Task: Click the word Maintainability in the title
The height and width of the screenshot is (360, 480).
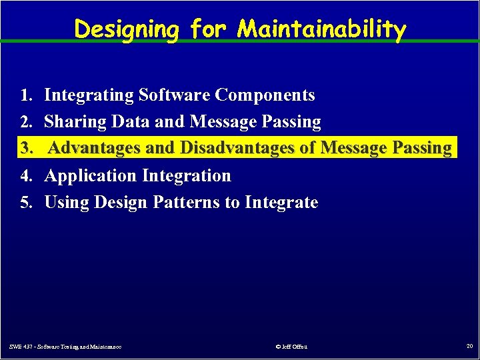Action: click(321, 29)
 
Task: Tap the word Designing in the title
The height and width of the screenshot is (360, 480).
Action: click(127, 29)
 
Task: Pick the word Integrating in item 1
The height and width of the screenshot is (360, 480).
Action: click(89, 95)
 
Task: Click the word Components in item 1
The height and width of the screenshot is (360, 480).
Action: click(265, 95)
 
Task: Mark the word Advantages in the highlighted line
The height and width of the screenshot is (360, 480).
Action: click(95, 148)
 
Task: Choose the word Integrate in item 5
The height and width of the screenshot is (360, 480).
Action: click(281, 202)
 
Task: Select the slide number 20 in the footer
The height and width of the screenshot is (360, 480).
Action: click(469, 346)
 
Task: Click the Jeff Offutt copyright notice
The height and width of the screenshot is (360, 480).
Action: click(291, 347)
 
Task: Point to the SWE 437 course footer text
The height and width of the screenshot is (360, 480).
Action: click(65, 347)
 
